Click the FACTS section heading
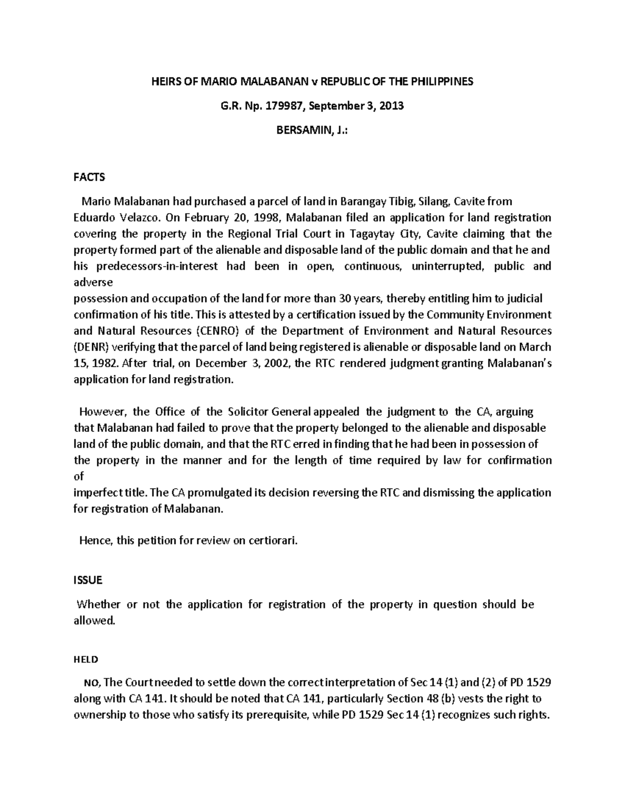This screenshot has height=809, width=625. [x=89, y=177]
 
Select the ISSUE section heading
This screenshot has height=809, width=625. [x=88, y=580]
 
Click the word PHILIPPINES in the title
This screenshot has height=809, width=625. [x=442, y=82]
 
